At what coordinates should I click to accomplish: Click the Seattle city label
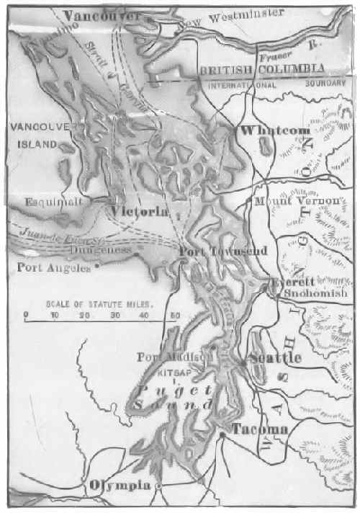tap(274, 358)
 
